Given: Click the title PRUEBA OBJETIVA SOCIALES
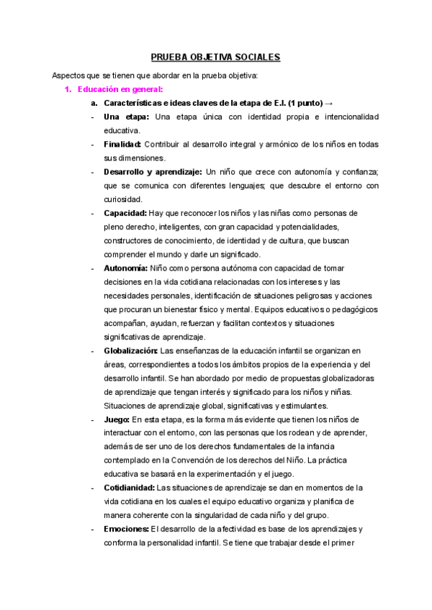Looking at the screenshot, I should click(x=215, y=57).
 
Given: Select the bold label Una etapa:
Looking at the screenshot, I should click(x=127, y=117).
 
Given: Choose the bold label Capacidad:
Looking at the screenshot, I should click(x=125, y=214).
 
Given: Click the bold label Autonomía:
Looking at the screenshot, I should click(x=126, y=268).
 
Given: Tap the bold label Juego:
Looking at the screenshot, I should click(x=117, y=419).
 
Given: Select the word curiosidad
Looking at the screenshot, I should click(x=122, y=199).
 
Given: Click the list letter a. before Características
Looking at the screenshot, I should click(x=94, y=103).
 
